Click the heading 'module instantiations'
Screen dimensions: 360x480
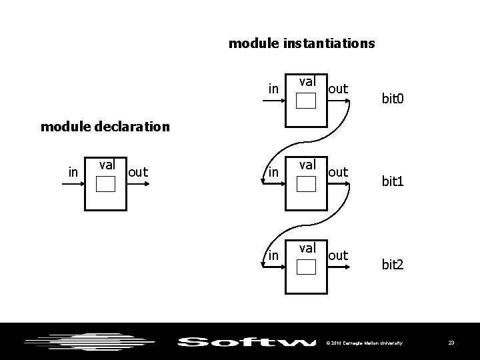click(x=301, y=44)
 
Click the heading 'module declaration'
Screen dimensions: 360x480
click(x=105, y=126)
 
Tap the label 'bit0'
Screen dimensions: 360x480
click(x=393, y=99)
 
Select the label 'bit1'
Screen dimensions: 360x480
click(x=393, y=181)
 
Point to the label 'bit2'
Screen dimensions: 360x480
click(x=393, y=265)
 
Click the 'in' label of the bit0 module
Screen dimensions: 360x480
click(x=273, y=89)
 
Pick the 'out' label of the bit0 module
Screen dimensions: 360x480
click(x=338, y=89)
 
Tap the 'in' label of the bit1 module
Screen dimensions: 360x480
click(x=273, y=172)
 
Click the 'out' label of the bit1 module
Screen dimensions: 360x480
click(x=338, y=172)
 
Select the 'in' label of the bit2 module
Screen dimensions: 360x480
click(x=273, y=255)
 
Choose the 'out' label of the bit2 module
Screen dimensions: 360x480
click(x=338, y=255)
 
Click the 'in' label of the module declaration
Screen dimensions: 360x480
click(x=73, y=172)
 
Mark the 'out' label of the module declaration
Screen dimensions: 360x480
click(x=138, y=172)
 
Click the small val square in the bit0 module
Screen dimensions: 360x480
click(x=306, y=101)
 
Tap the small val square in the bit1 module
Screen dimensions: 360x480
click(x=306, y=184)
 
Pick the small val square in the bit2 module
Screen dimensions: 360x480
click(x=306, y=267)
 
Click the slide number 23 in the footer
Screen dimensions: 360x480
click(x=451, y=343)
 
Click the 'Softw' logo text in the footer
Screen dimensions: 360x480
click(x=247, y=343)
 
